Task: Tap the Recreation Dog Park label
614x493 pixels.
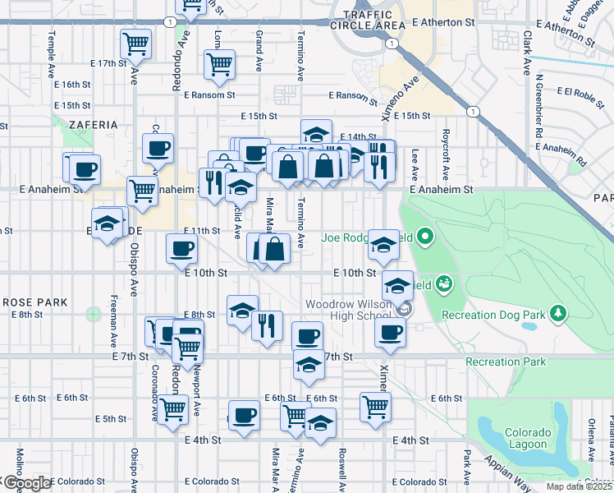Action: pyautogui.click(x=493, y=314)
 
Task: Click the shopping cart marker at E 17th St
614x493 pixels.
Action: pyautogui.click(x=135, y=43)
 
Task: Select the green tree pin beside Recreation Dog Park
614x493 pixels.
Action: pyautogui.click(x=558, y=312)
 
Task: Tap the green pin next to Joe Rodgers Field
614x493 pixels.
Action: pyautogui.click(x=424, y=239)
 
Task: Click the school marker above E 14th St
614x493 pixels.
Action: pyautogui.click(x=315, y=134)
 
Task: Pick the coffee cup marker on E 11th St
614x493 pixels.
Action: pyautogui.click(x=181, y=248)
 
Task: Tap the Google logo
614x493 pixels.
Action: pyautogui.click(x=26, y=483)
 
